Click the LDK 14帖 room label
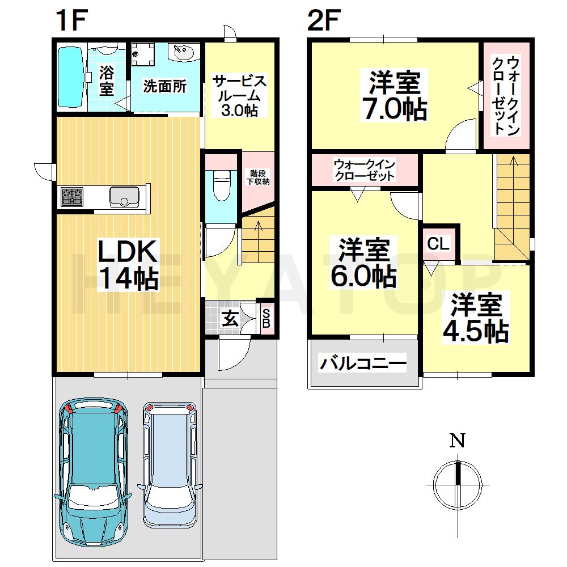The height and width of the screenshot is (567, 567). tap(128, 264)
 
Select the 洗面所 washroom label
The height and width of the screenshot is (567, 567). tap(165, 86)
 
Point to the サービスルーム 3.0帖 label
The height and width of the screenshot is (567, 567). tap(240, 95)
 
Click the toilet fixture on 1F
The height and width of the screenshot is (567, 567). tap(222, 185)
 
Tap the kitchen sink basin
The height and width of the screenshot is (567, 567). tap(124, 197)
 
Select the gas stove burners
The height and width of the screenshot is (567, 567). tap(73, 197)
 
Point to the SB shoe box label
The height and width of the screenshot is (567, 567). tap(266, 318)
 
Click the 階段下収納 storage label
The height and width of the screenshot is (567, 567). tap(258, 177)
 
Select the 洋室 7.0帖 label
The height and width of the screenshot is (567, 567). tap(395, 95)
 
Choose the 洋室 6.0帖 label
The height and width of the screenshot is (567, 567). tap(363, 263)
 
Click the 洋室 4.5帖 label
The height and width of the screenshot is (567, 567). tap(476, 318)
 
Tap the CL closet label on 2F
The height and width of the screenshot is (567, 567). tap(438, 243)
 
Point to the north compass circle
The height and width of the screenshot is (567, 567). tap(458, 485)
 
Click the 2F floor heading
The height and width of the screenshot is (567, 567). tap(324, 20)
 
